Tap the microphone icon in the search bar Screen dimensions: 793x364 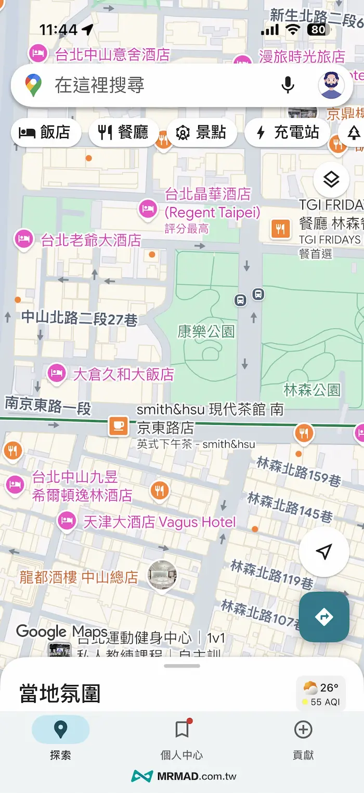[288, 85]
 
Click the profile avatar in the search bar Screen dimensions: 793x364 [331, 85]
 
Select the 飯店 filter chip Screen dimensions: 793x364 [45, 133]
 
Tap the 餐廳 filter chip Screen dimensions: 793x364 [123, 133]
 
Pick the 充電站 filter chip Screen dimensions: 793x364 [288, 133]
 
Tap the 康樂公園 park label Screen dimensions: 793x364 [206, 331]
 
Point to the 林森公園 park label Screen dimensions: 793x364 [312, 389]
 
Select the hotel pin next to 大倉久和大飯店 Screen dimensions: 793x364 [56, 373]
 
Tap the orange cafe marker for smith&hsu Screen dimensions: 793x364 [118, 426]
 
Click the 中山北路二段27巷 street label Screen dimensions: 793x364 [79, 318]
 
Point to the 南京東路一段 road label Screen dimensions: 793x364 [48, 405]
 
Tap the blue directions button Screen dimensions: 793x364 [323, 617]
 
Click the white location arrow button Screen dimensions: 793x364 [323, 552]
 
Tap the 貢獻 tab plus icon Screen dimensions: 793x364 [303, 730]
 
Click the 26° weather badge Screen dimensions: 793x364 [321, 693]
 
